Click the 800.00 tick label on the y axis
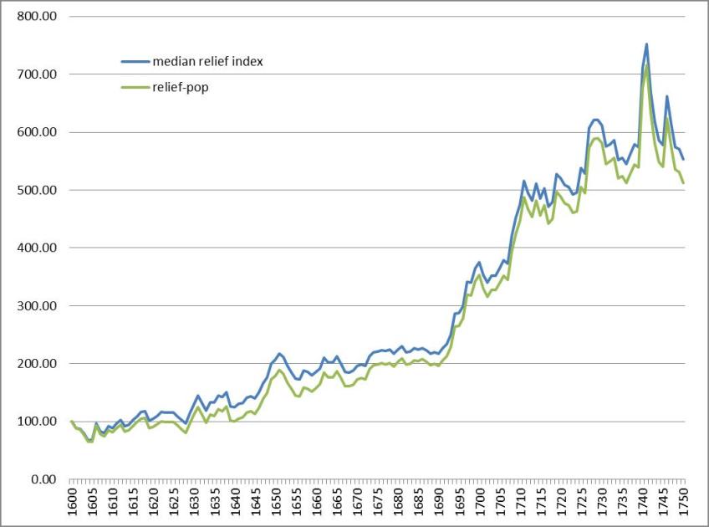point(39,17)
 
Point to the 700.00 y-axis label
point(39,74)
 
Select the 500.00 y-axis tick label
point(39,191)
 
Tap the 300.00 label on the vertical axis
point(39,306)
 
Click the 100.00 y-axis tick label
point(39,422)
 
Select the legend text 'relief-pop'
point(180,86)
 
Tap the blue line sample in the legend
point(134,61)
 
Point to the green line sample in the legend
point(134,86)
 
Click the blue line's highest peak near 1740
point(646,44)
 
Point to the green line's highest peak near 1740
point(646,64)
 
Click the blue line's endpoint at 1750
point(683,159)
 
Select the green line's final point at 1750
point(683,182)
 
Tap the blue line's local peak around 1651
point(279,354)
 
